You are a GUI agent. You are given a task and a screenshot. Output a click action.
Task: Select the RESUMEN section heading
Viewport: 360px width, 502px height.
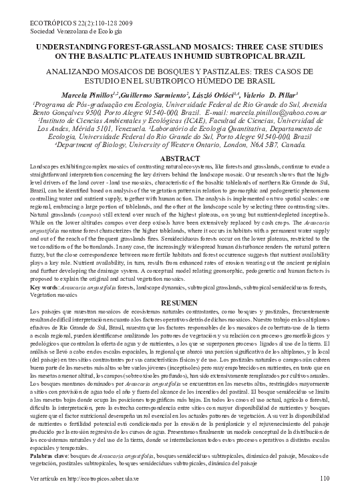(x=180, y=303)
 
